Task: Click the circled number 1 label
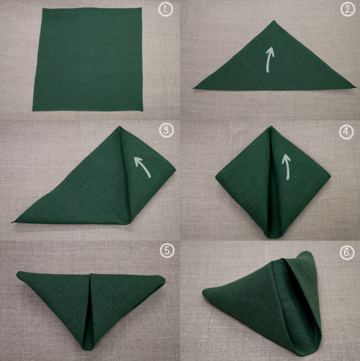[166, 9]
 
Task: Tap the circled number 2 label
[348, 9]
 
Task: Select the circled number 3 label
[166, 130]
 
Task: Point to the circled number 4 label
[346, 132]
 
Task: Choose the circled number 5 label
[167, 251]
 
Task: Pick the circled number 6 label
[347, 253]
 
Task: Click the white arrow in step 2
[269, 59]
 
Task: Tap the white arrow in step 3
[143, 166]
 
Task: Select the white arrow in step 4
[287, 166]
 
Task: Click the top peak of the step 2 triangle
[274, 21]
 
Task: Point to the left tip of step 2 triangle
[193, 88]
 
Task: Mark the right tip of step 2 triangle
[356, 86]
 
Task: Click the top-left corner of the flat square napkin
[43, 9]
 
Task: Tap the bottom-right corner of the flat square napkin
[143, 110]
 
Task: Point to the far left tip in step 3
[12, 222]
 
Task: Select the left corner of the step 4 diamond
[216, 177]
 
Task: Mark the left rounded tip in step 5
[18, 274]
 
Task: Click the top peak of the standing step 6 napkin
[306, 251]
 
